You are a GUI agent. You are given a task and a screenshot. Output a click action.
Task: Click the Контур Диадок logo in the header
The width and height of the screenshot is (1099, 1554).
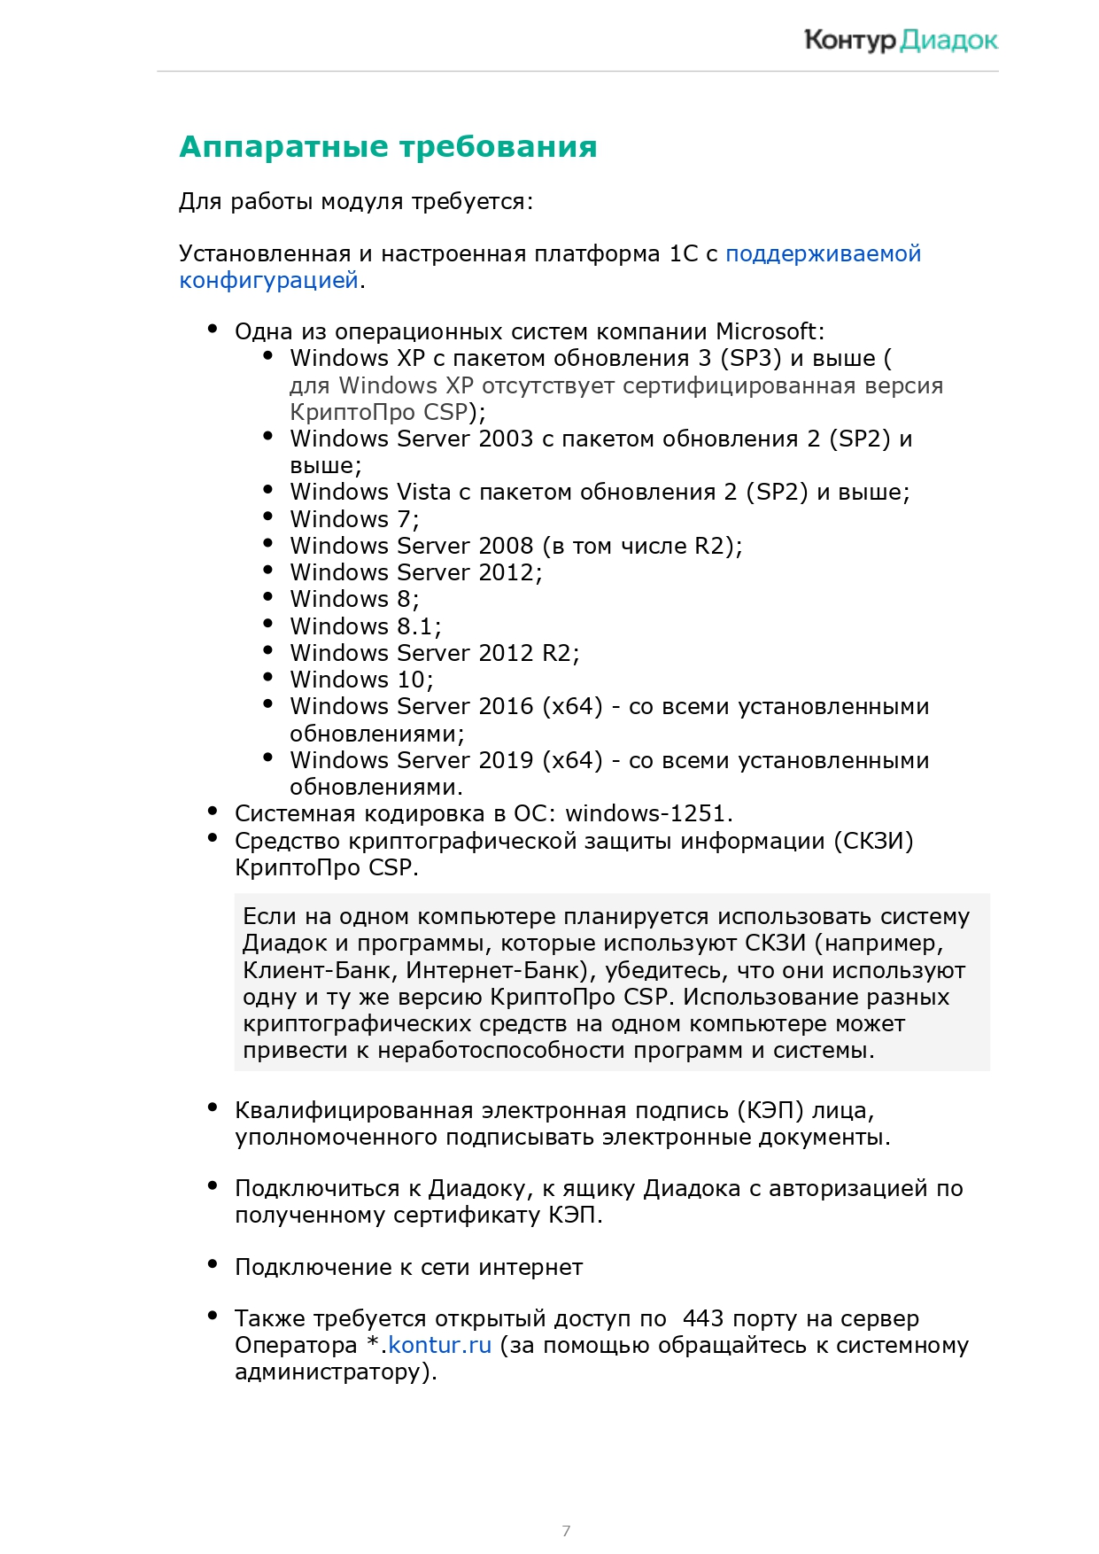901,40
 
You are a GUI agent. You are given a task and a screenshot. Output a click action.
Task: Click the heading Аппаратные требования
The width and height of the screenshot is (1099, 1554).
388,147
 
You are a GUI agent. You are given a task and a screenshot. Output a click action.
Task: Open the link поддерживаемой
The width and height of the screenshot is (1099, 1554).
823,253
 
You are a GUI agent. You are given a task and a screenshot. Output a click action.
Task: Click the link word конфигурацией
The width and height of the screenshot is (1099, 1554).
268,280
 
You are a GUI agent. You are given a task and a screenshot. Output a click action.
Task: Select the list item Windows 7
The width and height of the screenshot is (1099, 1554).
354,519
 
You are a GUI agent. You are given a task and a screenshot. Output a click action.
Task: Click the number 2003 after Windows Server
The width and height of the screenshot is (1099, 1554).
506,439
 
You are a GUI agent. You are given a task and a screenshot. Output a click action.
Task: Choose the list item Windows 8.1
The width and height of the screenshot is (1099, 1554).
365,626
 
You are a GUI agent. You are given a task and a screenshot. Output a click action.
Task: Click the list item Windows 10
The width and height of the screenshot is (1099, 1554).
361,680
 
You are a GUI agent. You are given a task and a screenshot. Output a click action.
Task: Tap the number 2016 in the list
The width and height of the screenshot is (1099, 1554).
506,706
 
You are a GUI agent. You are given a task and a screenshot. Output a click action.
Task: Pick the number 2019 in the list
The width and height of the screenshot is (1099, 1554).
506,760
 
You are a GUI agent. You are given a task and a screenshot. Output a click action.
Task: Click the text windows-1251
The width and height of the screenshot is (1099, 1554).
646,813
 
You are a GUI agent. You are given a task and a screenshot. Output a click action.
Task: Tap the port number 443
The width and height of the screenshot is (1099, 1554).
703,1318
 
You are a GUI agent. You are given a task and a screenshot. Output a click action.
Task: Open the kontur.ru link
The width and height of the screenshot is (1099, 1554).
439,1345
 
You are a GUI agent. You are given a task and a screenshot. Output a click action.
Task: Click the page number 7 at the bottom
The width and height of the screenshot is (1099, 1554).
566,1530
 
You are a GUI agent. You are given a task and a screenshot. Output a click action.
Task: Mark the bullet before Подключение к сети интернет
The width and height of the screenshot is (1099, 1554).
213,1264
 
